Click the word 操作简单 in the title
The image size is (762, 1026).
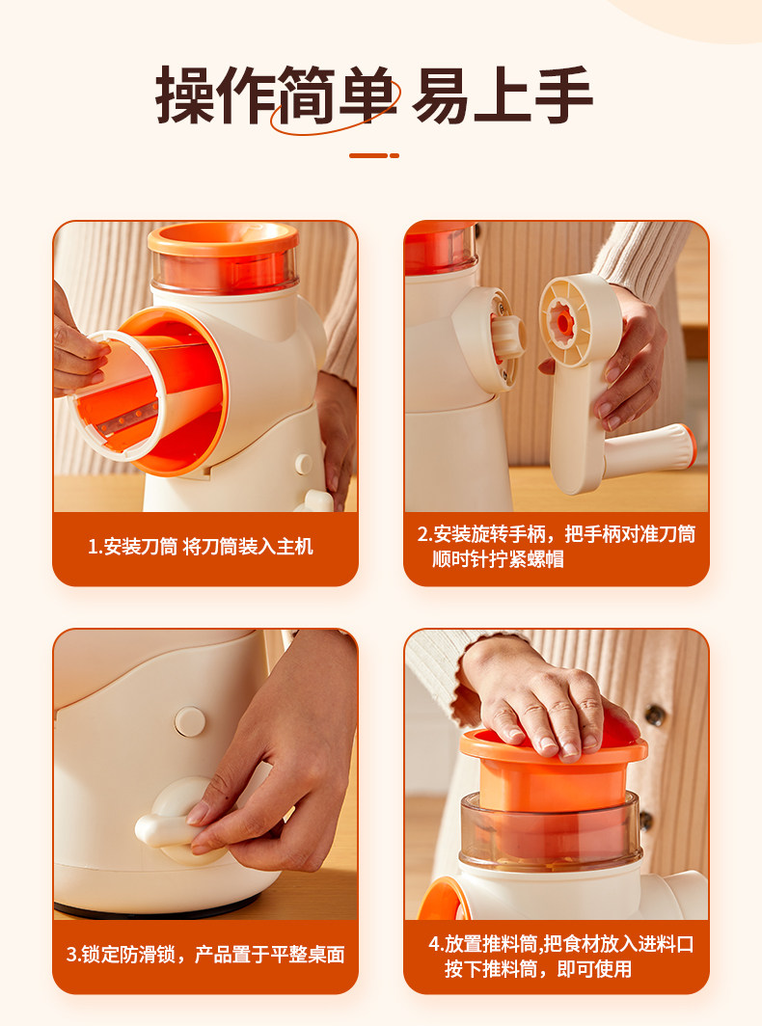pos(277,94)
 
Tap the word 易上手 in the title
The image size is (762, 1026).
pos(503,94)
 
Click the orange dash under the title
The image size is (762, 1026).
pos(374,156)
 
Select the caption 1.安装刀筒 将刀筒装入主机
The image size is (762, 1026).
pos(201,547)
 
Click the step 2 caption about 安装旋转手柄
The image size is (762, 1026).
pos(556,547)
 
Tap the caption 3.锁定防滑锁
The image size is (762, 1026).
pos(204,955)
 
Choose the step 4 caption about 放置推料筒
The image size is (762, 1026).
pos(560,956)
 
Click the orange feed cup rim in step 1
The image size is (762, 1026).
pos(223,239)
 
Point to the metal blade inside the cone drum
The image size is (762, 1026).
pos(127,418)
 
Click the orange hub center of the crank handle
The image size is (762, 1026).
pos(562,320)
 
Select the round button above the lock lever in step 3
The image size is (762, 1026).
pos(190,721)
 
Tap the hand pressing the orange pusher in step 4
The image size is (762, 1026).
pos(542,700)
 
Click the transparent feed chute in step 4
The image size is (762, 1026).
pos(550,829)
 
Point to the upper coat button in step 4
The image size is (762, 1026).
pos(655,715)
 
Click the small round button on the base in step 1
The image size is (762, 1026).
pos(303,464)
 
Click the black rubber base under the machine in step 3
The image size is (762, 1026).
pos(157,909)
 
